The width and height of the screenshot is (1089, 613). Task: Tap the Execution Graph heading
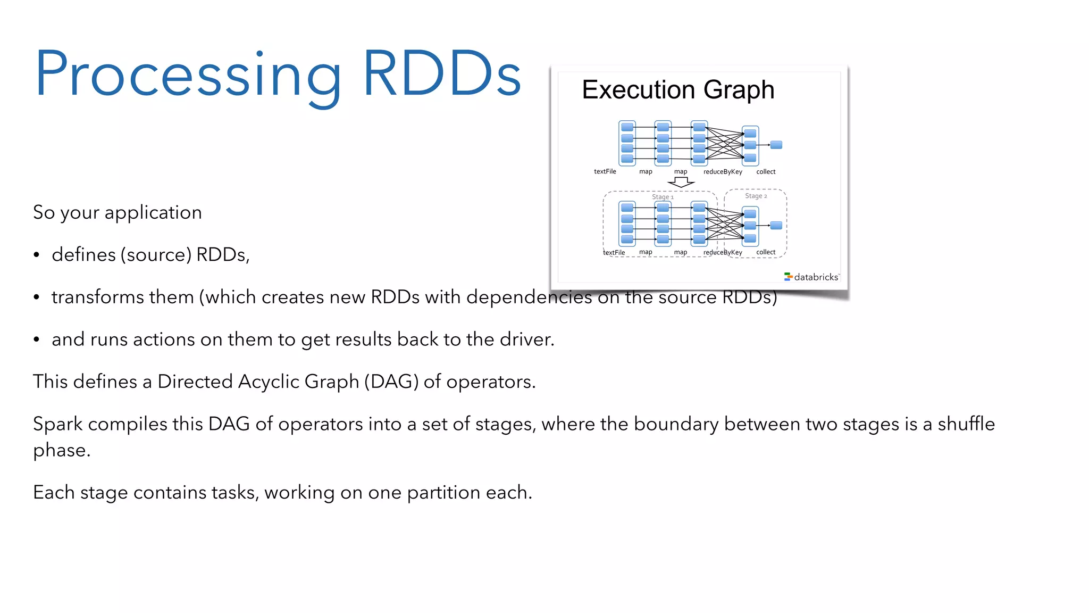tap(677, 89)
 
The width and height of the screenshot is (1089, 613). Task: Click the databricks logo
tap(811, 277)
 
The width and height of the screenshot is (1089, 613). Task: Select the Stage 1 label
tap(663, 197)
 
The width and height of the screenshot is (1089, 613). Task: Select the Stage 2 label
tap(756, 196)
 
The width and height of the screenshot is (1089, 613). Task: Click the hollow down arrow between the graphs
tap(681, 183)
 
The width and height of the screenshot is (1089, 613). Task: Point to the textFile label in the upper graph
tap(605, 171)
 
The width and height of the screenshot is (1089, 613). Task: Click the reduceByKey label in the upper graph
tap(722, 171)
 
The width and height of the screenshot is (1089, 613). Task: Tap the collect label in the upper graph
tap(766, 171)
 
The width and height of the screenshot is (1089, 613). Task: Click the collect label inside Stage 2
tap(766, 252)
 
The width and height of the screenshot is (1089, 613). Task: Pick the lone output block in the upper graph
tap(776, 145)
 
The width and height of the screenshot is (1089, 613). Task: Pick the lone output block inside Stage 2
tap(776, 226)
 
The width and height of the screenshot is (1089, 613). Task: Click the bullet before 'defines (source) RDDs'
tap(36, 255)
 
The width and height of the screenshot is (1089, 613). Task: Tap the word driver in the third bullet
tap(525, 339)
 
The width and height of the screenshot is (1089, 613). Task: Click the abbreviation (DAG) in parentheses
tap(391, 382)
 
